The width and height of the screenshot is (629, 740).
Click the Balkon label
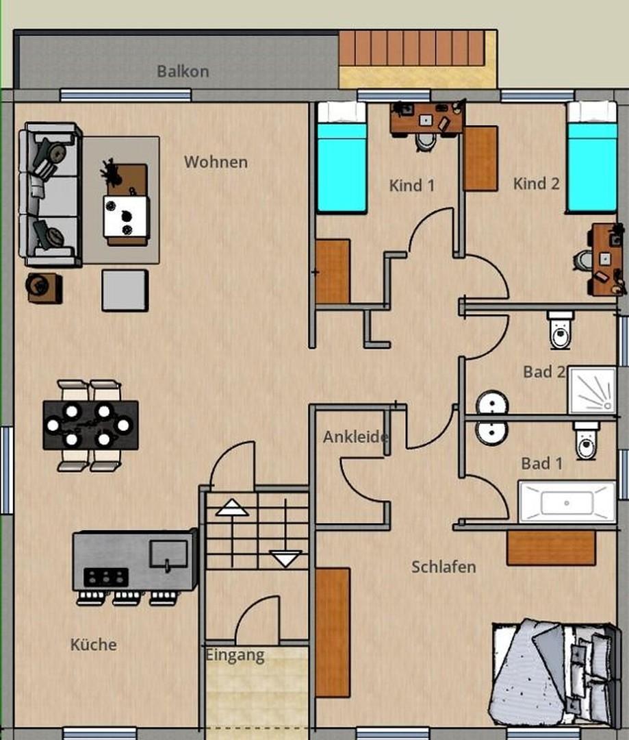pos(183,71)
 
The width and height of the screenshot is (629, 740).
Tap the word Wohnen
pos(216,162)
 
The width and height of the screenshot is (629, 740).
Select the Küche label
pos(93,644)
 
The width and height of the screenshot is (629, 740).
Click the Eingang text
pos(235,656)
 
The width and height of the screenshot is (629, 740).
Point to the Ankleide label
pos(355,436)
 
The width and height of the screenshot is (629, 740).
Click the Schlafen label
pos(444,567)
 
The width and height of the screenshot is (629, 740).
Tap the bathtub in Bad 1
pos(567,502)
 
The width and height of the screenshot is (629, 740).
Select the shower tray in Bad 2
pos(593,391)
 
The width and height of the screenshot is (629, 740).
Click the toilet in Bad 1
pos(586,441)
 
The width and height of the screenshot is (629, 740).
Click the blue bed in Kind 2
pos(592,157)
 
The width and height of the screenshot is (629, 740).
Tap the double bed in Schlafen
pos(554,674)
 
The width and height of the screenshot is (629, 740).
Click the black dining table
pos(90,425)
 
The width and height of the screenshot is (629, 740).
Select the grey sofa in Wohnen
pos(49,195)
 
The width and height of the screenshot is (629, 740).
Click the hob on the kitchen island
pos(106,577)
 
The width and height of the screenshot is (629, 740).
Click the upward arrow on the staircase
pos(232,507)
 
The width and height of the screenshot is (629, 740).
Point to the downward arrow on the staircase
pos(285,558)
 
